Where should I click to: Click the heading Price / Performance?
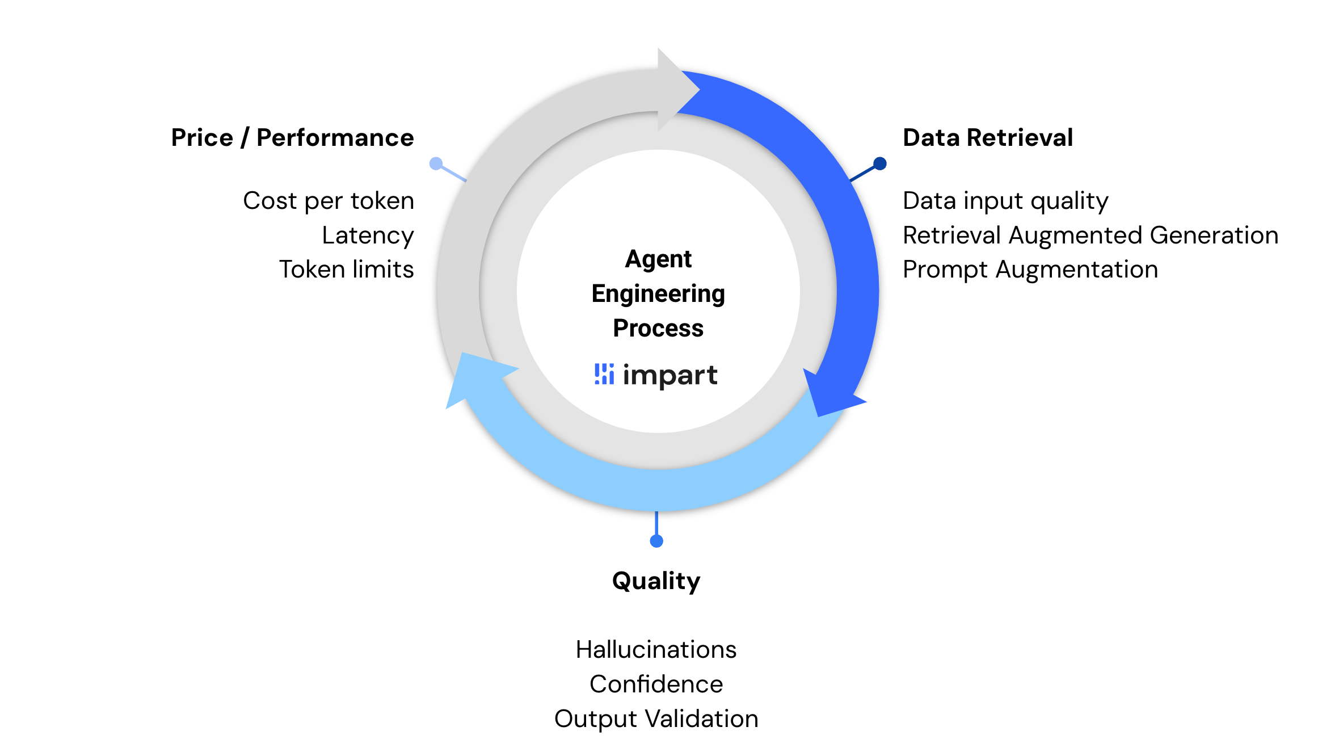tap(292, 138)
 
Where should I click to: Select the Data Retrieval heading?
tap(988, 138)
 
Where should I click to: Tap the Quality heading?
tap(656, 581)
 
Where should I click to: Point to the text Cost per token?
tap(329, 201)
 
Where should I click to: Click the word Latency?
tap(368, 236)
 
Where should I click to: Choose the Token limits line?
tap(346, 270)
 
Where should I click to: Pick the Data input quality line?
tap(1005, 201)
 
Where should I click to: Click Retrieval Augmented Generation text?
tap(1090, 236)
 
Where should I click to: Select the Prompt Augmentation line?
tap(1030, 270)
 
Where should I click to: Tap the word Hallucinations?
tap(656, 650)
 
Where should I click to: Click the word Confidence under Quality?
tap(656, 684)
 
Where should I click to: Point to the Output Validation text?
tap(656, 719)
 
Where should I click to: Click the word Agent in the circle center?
tap(658, 259)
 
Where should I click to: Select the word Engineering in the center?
tap(658, 294)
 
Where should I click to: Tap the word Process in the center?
tap(658, 329)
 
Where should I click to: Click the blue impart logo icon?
tap(604, 374)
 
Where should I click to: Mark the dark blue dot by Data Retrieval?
tap(880, 164)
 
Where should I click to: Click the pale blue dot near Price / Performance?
tap(436, 164)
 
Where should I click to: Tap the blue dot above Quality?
tap(656, 541)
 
